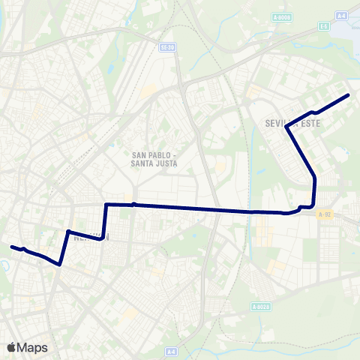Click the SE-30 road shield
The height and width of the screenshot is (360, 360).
click(x=168, y=47)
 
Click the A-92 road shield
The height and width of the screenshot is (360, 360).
click(x=324, y=214)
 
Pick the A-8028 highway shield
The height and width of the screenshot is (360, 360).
click(x=260, y=306)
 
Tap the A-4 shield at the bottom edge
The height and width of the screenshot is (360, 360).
click(x=171, y=350)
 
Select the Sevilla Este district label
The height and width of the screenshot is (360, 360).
click(x=292, y=121)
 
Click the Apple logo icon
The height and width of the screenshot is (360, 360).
click(x=12, y=346)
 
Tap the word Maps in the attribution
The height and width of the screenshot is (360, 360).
click(x=32, y=347)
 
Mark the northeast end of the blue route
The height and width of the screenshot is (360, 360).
click(x=349, y=95)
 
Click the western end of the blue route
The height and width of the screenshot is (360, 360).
click(x=11, y=246)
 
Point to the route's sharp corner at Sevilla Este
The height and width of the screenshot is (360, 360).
click(x=287, y=129)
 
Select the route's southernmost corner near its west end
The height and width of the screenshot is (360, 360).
click(x=59, y=264)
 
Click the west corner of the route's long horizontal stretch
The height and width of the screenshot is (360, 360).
click(x=107, y=204)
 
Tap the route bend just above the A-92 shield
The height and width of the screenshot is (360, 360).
click(x=313, y=202)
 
